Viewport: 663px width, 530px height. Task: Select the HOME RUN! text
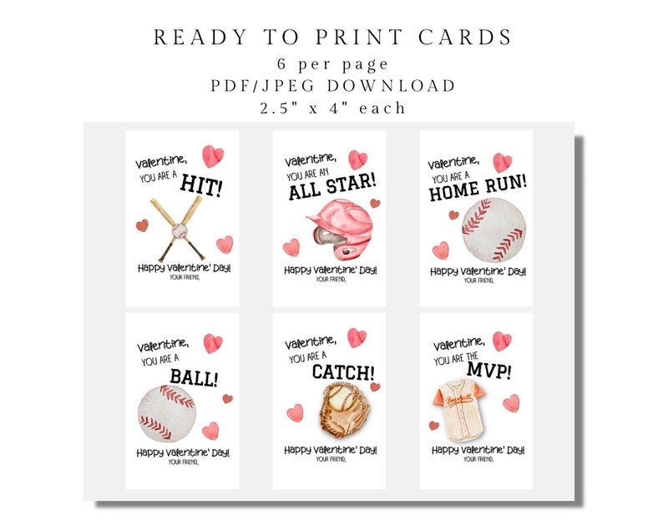478,189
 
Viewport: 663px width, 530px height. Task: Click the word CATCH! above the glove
343,371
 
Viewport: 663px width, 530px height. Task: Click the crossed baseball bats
178,228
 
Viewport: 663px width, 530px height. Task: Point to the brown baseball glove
339,410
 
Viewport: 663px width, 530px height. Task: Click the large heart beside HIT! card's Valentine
215,155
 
